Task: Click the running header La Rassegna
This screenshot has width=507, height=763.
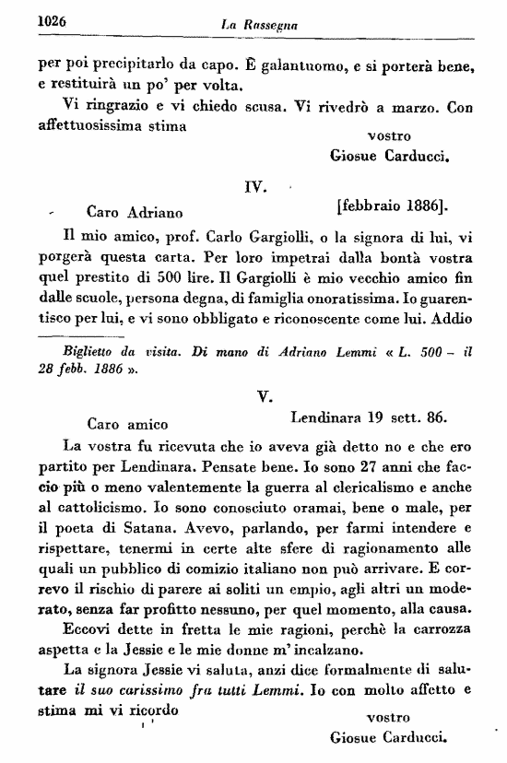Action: click(x=258, y=21)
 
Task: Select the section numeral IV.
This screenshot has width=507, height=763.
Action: click(x=255, y=187)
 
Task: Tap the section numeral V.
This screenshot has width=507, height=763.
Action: click(x=263, y=395)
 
